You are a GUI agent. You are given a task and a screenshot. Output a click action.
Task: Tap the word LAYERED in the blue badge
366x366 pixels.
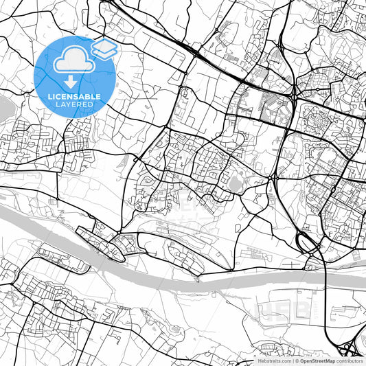coord(76,104)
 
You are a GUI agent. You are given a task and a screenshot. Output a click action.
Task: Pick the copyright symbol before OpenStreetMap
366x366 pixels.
coord(297,360)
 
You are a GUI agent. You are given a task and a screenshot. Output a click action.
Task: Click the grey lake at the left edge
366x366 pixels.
coord(3,107)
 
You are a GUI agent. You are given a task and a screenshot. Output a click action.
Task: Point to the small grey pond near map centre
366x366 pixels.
coord(237,184)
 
